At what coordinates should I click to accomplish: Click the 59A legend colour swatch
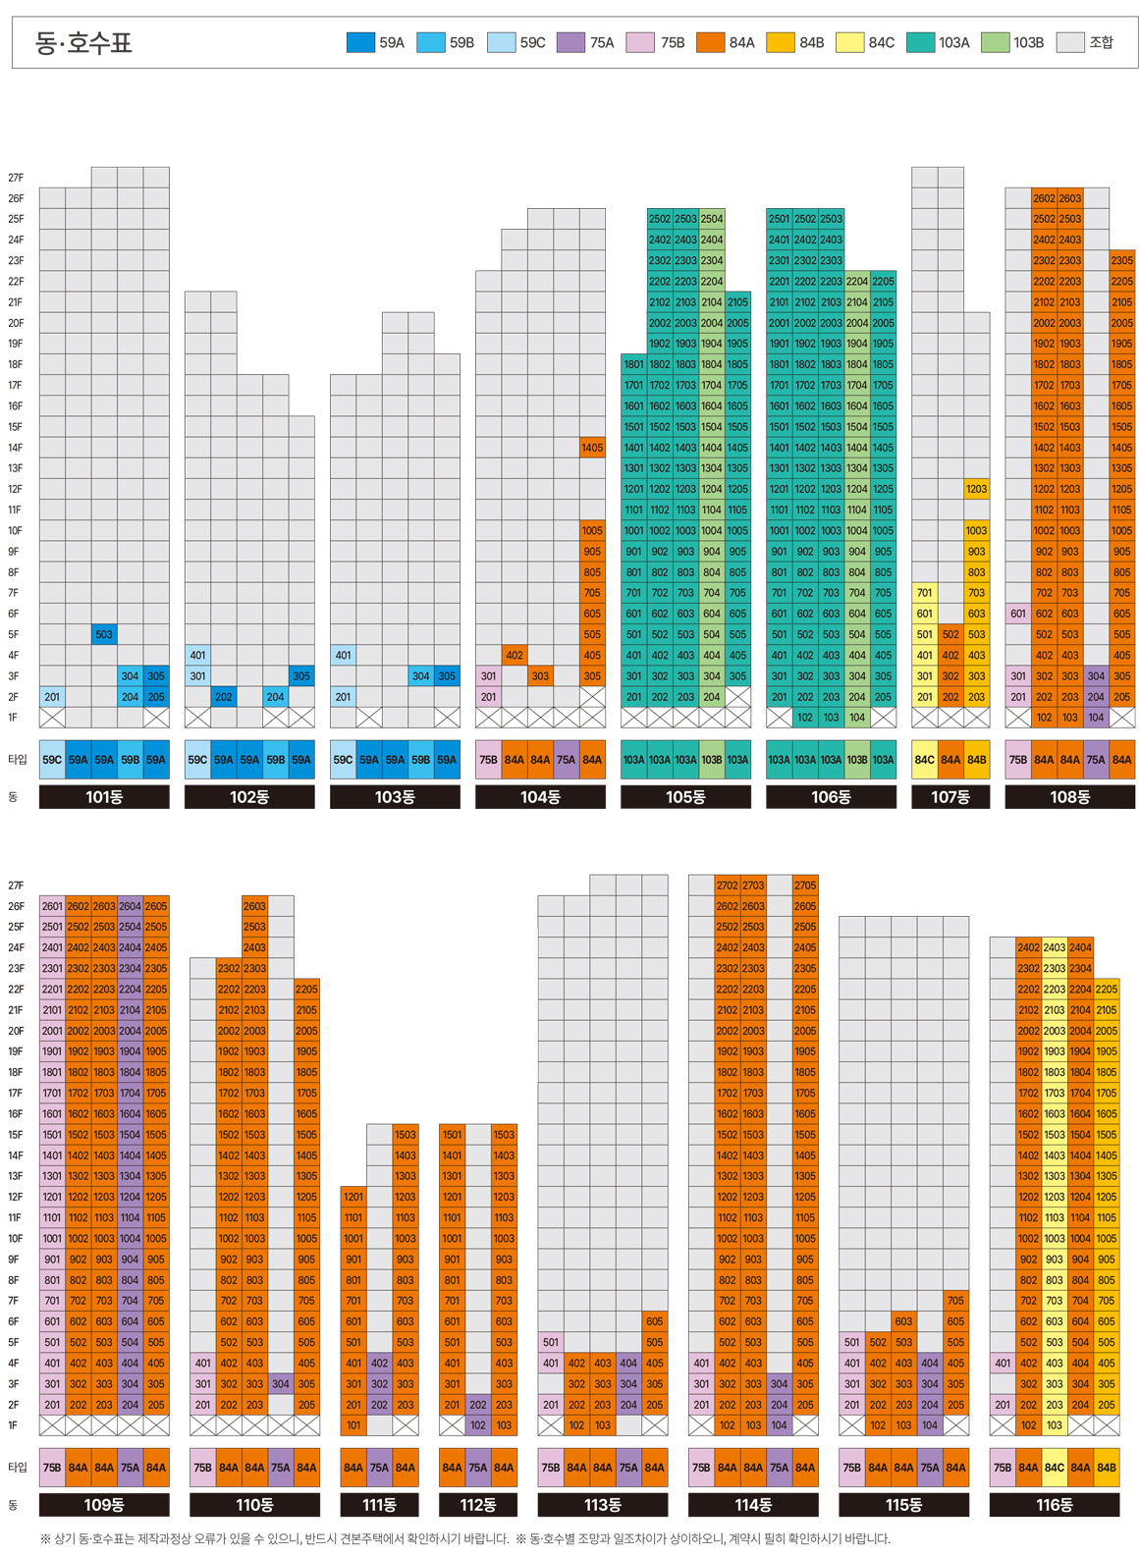pos(360,42)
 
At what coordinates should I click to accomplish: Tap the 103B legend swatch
pos(995,42)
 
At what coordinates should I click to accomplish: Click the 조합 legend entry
pos(1086,42)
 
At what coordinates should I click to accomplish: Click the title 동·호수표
pos(82,42)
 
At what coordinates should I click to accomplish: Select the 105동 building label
pos(685,797)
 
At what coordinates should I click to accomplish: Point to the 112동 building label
pos(478,1504)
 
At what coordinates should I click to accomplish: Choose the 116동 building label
pos(1055,1504)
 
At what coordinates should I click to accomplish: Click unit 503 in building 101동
pos(104,634)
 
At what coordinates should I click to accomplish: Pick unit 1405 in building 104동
pos(592,448)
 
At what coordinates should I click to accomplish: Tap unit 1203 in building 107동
pos(976,489)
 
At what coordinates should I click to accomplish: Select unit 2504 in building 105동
pos(712,219)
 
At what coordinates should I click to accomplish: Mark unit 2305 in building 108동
pos(1121,260)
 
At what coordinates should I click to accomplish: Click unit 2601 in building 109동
pos(52,906)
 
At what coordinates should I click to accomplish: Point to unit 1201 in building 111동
pos(353,1197)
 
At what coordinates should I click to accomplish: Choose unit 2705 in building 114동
pos(805,885)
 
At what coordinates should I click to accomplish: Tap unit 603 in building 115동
pos(903,1321)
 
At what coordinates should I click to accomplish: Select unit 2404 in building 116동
pos(1080,947)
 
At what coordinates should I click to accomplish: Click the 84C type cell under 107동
pos(925,760)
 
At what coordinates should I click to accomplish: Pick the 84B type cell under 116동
pos(1107,1468)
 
